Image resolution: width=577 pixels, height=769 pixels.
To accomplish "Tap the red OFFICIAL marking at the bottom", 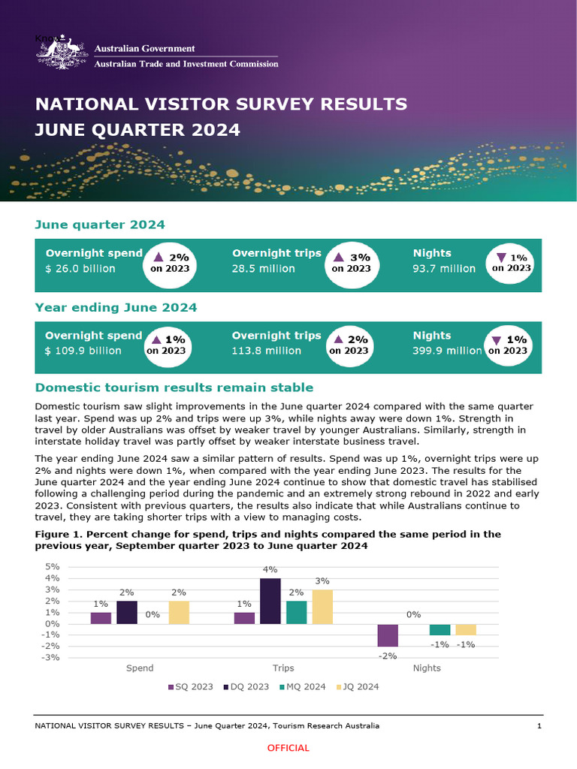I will click(x=288, y=748).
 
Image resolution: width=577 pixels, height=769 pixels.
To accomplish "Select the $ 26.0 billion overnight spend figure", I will click(x=80, y=269).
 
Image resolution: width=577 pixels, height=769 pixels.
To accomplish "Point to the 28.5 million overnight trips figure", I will click(x=263, y=269).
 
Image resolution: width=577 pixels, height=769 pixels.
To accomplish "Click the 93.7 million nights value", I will click(x=444, y=269).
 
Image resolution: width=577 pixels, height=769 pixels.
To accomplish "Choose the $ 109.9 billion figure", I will click(x=84, y=351).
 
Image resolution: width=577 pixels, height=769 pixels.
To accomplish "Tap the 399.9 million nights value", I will click(x=447, y=351).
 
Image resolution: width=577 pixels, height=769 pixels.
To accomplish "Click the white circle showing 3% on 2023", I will click(x=352, y=263).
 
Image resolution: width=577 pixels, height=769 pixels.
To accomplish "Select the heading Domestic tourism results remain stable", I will click(x=174, y=388).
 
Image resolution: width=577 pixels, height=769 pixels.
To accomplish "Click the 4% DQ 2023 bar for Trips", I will click(x=270, y=602).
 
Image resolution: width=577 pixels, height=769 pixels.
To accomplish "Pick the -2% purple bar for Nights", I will click(x=388, y=635).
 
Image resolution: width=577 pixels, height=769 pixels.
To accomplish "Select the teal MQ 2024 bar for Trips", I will click(x=297, y=613).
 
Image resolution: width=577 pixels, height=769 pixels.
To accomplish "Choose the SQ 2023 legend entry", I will click(x=190, y=687).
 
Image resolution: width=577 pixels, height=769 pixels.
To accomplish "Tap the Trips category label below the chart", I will click(x=283, y=668).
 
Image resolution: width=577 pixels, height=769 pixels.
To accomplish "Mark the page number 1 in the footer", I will click(x=539, y=726).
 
